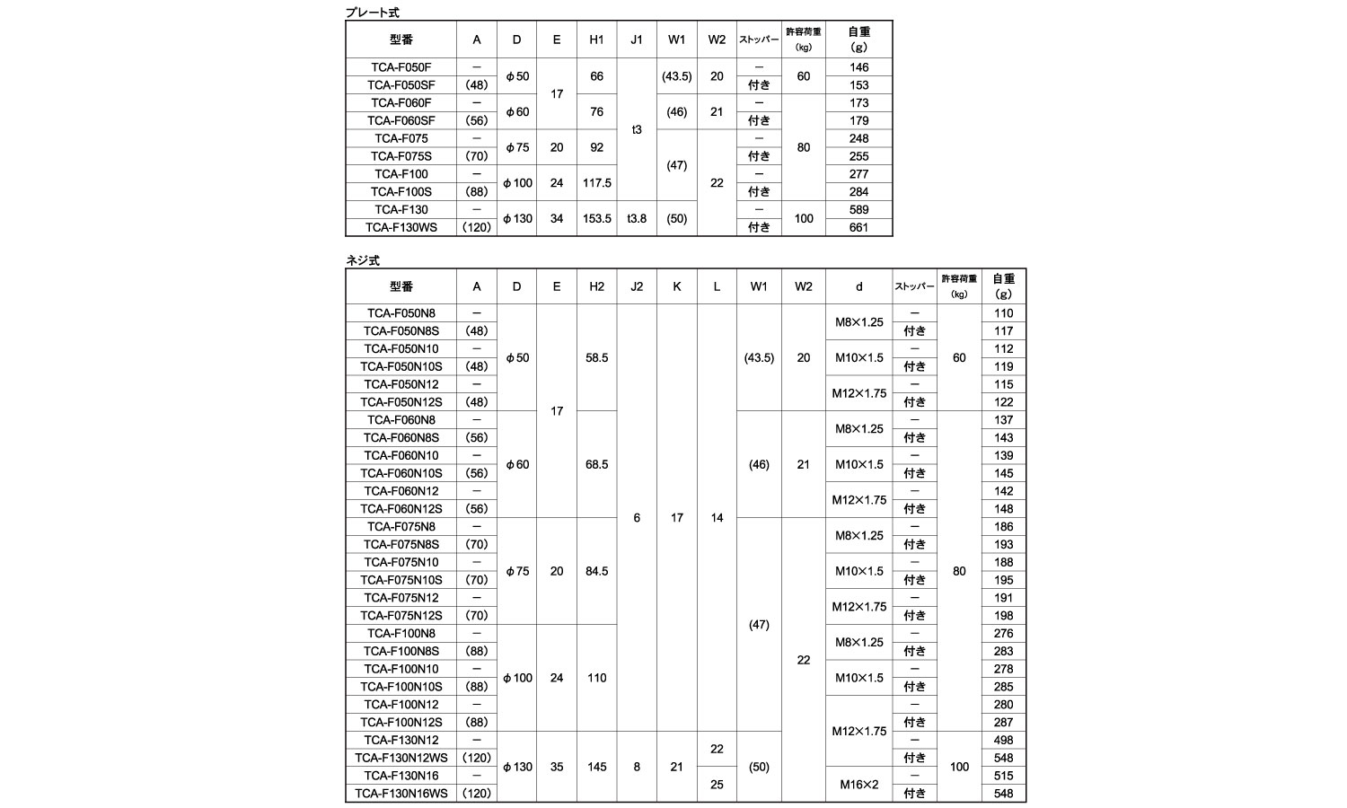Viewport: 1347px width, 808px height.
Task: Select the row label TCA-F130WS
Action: pyautogui.click(x=402, y=227)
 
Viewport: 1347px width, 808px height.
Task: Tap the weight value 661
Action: pyautogui.click(x=858, y=227)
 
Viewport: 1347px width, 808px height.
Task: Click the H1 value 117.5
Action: pyautogui.click(x=596, y=183)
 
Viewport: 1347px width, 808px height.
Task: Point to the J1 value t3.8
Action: pyautogui.click(x=637, y=218)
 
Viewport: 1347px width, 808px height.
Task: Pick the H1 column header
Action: pyautogui.click(x=596, y=40)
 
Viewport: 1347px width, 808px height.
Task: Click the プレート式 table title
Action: pyautogui.click(x=373, y=13)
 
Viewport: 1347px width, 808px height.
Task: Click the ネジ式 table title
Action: pyautogui.click(x=364, y=260)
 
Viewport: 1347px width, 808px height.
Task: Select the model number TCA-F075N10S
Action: pyautogui.click(x=401, y=580)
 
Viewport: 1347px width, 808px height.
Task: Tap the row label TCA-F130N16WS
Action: pyautogui.click(x=401, y=794)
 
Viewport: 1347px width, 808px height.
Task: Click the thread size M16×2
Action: pyautogui.click(x=858, y=785)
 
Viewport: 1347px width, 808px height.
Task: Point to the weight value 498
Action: pyautogui.click(x=1003, y=741)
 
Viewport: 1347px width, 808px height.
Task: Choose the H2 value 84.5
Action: pyautogui.click(x=596, y=571)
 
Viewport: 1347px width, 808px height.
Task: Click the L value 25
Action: pyautogui.click(x=717, y=785)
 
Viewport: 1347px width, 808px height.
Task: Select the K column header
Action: pyautogui.click(x=677, y=286)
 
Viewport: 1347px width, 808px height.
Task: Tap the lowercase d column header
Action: pyautogui.click(x=858, y=286)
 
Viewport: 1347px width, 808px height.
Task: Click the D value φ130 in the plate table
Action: pyautogui.click(x=516, y=218)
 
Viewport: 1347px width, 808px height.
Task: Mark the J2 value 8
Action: pyautogui.click(x=637, y=767)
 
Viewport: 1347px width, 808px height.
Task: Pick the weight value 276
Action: pyautogui.click(x=1003, y=634)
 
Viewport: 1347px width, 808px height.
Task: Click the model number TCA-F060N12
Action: pyautogui.click(x=401, y=491)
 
